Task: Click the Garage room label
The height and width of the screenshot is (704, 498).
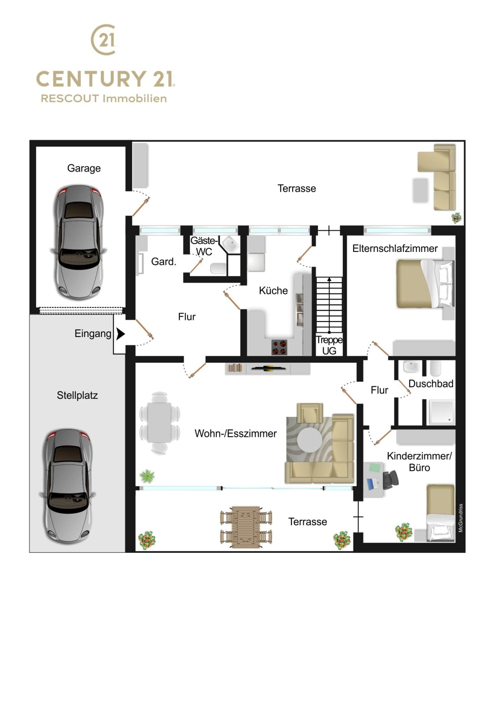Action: tap(84, 168)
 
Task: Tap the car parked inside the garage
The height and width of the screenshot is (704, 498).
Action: tap(79, 243)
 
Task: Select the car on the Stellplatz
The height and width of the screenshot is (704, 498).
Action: tap(68, 486)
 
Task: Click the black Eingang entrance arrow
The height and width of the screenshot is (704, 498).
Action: tap(121, 334)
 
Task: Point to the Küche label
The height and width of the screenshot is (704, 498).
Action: tap(273, 291)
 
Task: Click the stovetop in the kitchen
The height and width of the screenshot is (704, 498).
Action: tap(279, 347)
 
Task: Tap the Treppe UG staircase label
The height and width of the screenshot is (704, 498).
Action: tap(329, 345)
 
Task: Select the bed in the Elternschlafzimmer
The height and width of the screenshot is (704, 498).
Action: tap(425, 284)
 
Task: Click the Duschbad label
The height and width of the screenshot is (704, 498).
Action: tap(431, 384)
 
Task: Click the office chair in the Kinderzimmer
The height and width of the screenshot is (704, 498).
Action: tap(391, 479)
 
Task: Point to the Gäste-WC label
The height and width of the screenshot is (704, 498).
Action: tap(203, 246)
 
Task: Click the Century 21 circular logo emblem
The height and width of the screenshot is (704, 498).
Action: tap(103, 39)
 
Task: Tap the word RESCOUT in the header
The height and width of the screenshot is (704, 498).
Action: tap(70, 99)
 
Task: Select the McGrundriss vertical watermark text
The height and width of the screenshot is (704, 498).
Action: tap(461, 518)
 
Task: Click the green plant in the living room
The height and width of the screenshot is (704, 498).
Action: tap(147, 475)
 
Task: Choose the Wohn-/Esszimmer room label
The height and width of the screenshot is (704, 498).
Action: tap(235, 433)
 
